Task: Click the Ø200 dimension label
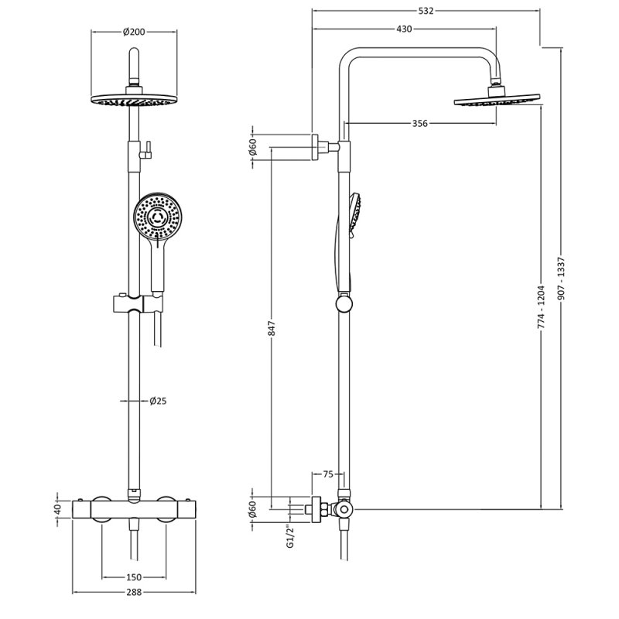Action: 134,32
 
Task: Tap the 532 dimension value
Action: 426,11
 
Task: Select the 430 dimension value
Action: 404,29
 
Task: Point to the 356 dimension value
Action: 419,124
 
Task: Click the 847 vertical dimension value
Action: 272,328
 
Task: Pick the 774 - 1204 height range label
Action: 541,307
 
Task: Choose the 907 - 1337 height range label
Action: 563,279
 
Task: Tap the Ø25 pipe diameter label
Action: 158,401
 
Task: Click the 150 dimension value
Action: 133,577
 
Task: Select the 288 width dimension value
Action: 134,592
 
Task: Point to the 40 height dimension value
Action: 57,509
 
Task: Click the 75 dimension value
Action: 328,474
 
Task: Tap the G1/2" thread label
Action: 291,536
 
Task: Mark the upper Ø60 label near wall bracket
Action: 253,147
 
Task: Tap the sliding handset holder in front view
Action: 138,303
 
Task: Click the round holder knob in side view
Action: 344,304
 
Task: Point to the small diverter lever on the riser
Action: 146,150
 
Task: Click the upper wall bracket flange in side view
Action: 315,147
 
